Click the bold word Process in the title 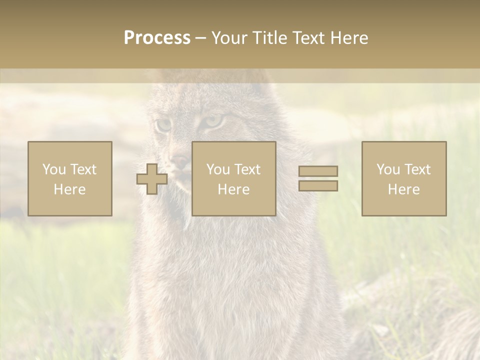pos(157,38)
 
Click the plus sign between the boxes pos(152,179)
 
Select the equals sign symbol pos(318,178)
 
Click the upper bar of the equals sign pos(318,171)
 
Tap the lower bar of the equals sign pos(318,185)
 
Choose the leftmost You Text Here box pos(70,178)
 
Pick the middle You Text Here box pos(234,178)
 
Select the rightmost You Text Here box pos(404,178)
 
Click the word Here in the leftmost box pos(69,189)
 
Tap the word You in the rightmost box pos(388,169)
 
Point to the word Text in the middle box pos(247,169)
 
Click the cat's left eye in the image pos(163,124)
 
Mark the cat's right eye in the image pos(214,121)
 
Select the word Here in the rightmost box pos(403,189)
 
